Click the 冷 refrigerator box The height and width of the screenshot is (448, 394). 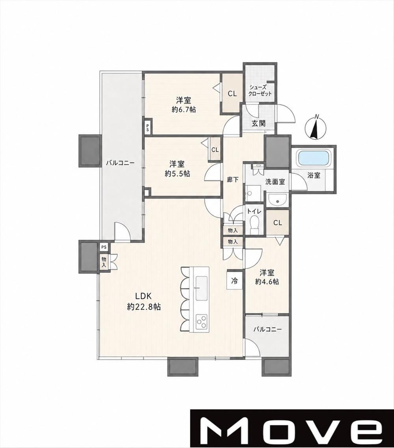[234, 281]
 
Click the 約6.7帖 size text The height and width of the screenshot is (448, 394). [184, 109]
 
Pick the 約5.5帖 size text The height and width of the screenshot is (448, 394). [177, 174]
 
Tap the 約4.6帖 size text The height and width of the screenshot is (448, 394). [267, 281]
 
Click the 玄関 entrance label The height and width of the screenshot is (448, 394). [258, 123]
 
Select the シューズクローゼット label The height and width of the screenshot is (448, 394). [260, 91]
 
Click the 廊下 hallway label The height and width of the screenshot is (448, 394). [232, 179]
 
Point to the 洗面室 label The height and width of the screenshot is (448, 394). [275, 182]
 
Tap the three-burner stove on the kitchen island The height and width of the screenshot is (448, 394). [201, 321]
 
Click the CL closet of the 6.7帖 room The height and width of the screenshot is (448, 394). [232, 93]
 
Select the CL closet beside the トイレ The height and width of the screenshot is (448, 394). [278, 222]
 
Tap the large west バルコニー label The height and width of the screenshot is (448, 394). [120, 163]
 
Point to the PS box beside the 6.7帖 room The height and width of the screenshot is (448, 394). [147, 126]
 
